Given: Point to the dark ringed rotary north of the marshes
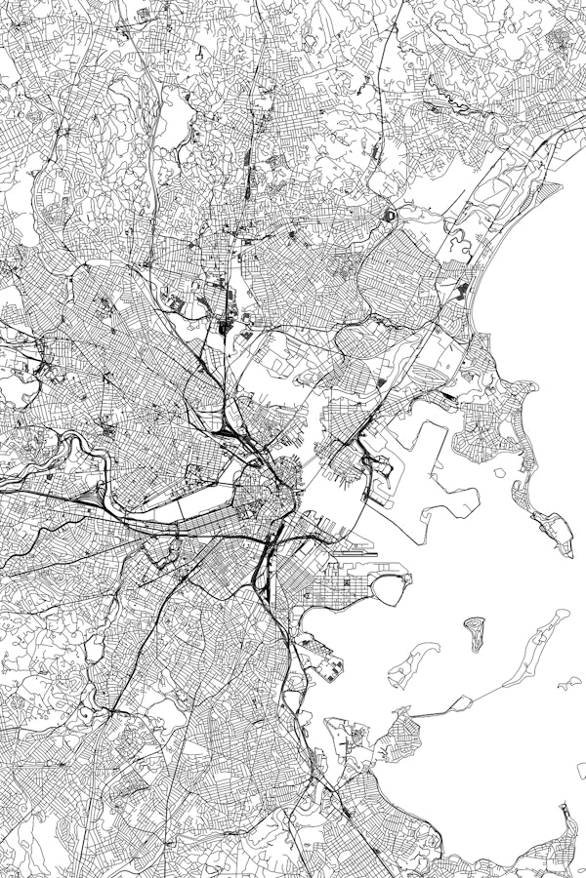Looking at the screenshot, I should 389,214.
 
